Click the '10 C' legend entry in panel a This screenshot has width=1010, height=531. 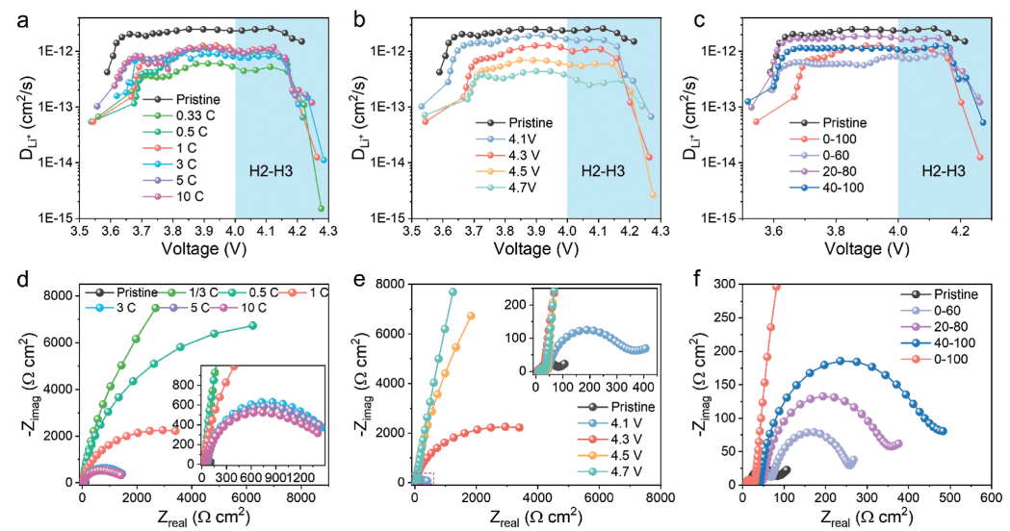[x=195, y=197]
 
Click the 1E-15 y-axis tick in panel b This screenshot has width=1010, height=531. [x=388, y=217]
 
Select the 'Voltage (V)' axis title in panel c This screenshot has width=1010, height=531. [x=866, y=252]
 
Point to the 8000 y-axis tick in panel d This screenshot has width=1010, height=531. [x=57, y=295]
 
